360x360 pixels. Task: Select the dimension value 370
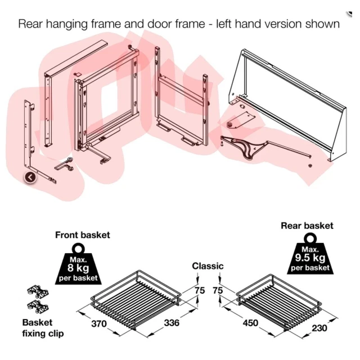[x=98, y=325]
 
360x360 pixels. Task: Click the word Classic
[x=208, y=266]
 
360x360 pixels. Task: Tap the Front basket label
[x=82, y=235]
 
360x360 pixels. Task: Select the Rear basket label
[x=307, y=226]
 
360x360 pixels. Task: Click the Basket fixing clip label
[x=43, y=328]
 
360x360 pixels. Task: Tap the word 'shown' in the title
[x=324, y=24]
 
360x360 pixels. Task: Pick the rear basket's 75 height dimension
[x=218, y=291]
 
